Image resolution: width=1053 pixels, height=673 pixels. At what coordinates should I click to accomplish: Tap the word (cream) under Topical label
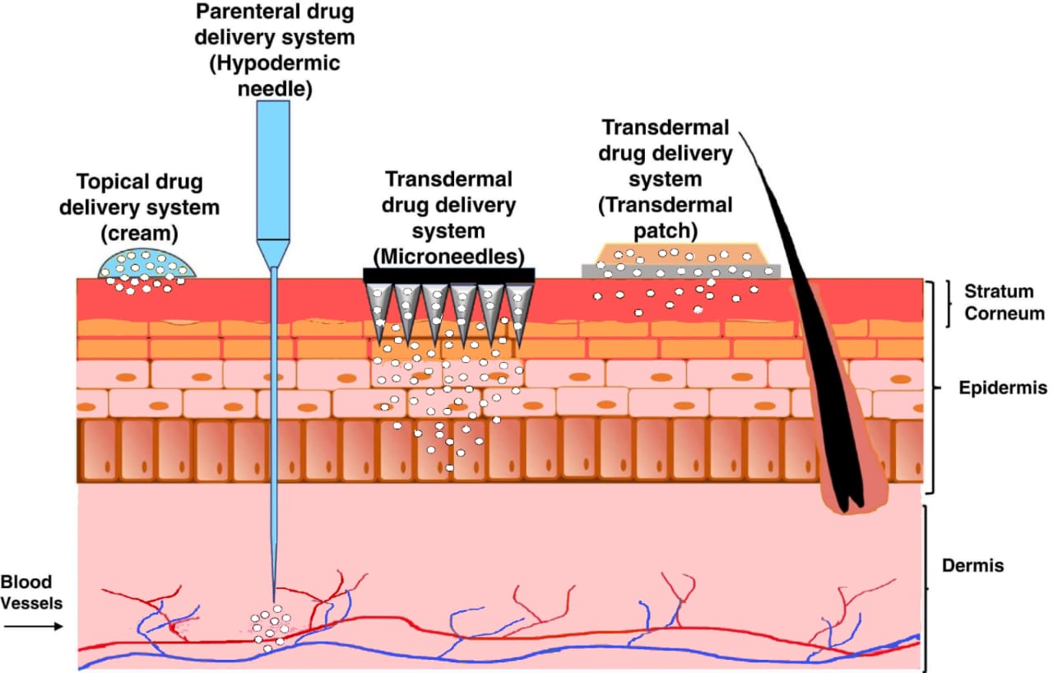coord(139,233)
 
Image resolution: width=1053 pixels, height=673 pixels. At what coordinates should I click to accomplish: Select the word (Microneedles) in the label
coord(449,255)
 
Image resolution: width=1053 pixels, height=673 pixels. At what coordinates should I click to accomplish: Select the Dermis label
coord(973,566)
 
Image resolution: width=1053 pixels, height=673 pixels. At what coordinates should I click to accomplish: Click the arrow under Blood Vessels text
coord(33,626)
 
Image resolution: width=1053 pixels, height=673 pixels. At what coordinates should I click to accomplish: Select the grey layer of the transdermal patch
coord(681,271)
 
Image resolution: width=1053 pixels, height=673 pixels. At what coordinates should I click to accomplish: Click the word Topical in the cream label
coord(109,182)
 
